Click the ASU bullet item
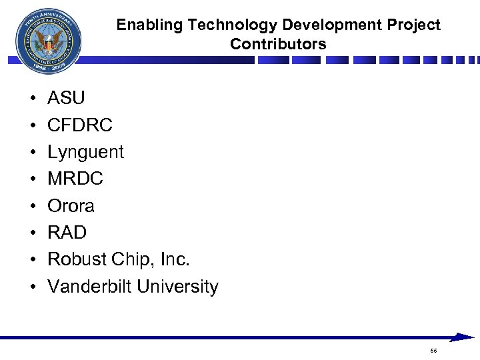pos(66,98)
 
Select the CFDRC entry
pos(80,125)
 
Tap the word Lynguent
pos(85,152)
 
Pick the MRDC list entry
pos(75,179)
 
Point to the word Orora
pos(71,205)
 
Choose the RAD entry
pos(67,233)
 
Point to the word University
pos(177,287)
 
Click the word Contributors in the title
pos(278,45)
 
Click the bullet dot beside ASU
pos(32,99)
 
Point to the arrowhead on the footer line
pos(464,337)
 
